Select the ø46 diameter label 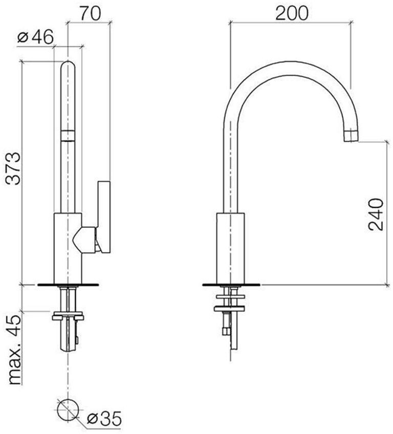coord(35,37)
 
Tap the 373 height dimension coord(13,168)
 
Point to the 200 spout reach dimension coord(292,13)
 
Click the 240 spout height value coord(376,214)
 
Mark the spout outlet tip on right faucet coord(351,136)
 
